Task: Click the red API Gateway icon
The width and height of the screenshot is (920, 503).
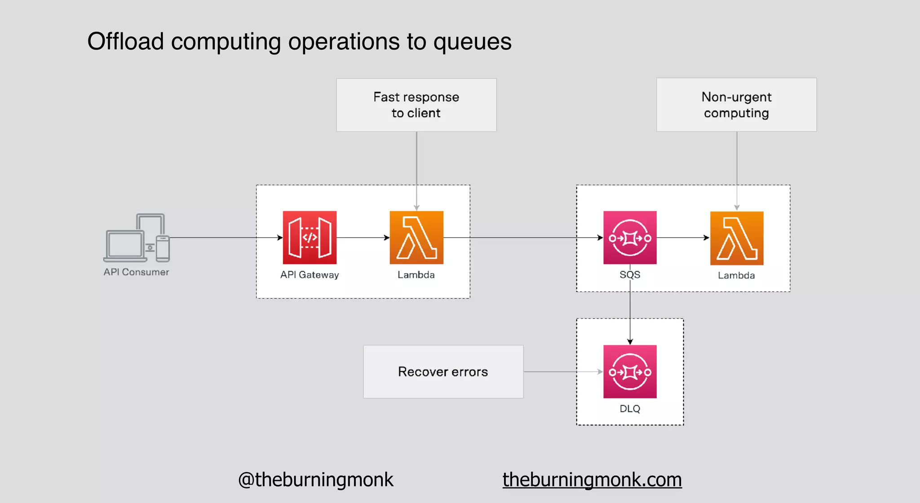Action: coord(310,238)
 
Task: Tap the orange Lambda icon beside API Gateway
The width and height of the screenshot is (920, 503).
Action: coord(416,238)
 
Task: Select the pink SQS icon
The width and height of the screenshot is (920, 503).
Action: coord(630,238)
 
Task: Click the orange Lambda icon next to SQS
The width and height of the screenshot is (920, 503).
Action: coord(737,238)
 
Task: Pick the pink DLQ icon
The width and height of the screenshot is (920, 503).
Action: coord(630,371)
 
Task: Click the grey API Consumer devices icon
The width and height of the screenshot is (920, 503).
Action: coord(137,238)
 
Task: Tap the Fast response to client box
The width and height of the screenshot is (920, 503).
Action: coord(416,105)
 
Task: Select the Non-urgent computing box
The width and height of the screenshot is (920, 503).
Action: coord(736,105)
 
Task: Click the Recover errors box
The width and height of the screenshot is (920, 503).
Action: coord(443,371)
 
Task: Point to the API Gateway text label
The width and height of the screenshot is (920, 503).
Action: coord(310,275)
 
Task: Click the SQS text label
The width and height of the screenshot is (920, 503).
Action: coord(630,275)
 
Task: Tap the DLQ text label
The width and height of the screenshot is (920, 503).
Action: coord(630,409)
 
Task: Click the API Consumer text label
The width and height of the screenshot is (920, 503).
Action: coord(136,272)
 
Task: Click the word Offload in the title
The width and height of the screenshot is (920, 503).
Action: coord(125,41)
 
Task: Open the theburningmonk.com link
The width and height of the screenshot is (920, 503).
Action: coord(592,480)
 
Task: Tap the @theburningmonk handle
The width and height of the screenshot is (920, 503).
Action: coord(315,480)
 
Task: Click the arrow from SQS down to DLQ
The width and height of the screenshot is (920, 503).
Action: coord(630,314)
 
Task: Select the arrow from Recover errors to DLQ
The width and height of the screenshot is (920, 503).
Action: coord(562,371)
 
